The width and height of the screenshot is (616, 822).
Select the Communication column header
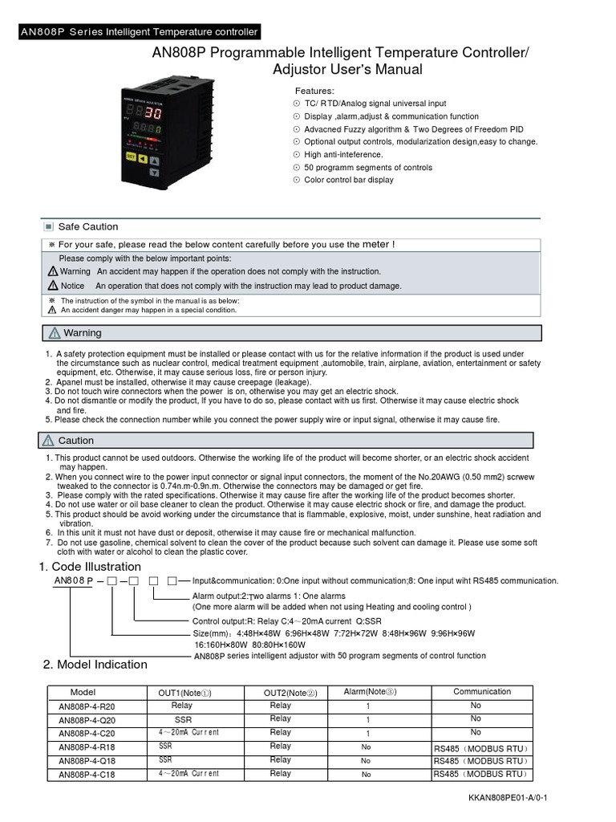482,691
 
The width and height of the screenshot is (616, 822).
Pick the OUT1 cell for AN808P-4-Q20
183,719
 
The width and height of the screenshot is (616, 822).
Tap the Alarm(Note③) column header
370,691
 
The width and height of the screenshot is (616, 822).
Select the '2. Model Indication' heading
95,664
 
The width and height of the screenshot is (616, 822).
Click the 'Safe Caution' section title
88,226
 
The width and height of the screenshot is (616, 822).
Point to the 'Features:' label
315,91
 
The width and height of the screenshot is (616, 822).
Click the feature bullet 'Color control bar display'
349,180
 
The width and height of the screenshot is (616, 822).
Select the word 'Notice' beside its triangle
72,285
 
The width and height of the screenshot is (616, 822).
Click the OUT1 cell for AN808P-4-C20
188,732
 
